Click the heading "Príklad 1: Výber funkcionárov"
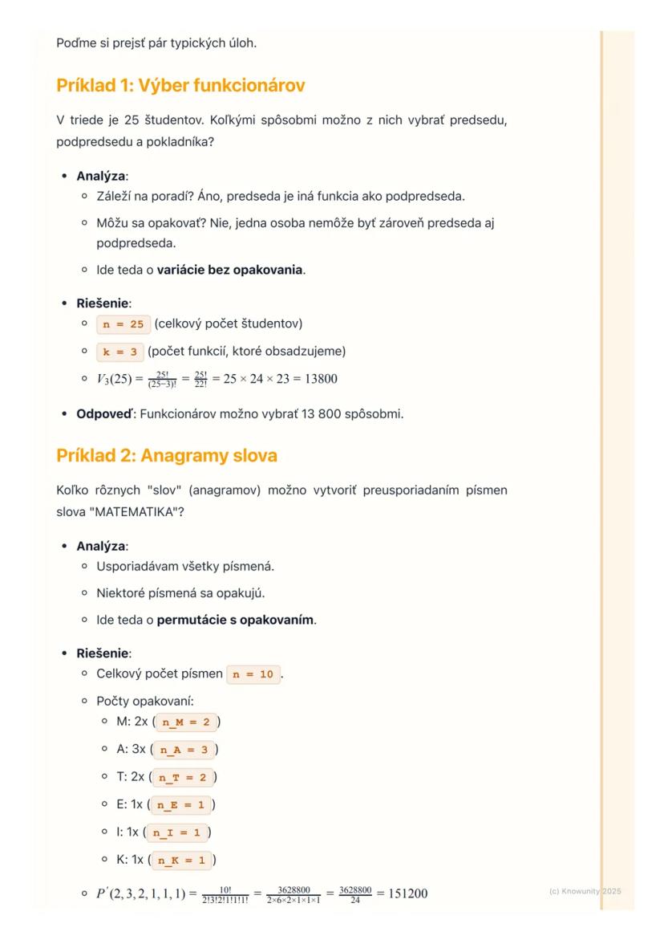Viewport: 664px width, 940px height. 180,85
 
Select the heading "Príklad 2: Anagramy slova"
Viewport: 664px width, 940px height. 167,455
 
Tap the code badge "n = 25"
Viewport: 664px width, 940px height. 122,324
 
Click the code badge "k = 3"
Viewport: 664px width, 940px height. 119,352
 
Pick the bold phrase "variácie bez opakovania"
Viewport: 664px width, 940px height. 229,270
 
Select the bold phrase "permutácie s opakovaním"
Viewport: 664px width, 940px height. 235,621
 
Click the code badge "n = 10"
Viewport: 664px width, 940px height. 254,675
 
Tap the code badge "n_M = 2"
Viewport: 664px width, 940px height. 185,722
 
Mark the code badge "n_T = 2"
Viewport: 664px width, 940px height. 184,778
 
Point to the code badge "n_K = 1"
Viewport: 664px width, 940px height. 182,861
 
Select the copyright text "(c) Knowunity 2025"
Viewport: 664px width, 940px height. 585,891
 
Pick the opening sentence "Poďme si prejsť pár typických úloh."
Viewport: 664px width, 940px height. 156,43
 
